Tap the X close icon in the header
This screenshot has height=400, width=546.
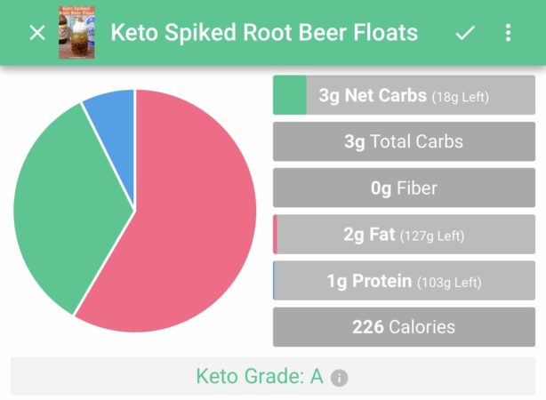click(36, 33)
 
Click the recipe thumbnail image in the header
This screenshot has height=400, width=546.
click(76, 33)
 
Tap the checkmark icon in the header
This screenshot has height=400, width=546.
click(464, 33)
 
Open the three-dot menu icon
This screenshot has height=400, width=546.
click(508, 33)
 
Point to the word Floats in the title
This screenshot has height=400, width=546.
click(382, 33)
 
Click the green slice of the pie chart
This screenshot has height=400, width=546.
click(62, 213)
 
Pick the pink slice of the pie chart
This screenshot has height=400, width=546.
click(187, 231)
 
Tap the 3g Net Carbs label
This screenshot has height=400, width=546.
click(372, 95)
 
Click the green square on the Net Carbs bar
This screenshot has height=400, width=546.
click(289, 95)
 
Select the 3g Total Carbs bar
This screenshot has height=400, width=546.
click(404, 141)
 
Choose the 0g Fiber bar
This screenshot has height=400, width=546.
click(404, 188)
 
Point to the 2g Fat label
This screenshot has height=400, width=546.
click(369, 236)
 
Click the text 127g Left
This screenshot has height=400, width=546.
click(432, 236)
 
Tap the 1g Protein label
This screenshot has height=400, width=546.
click(369, 282)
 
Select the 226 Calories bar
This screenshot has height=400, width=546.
click(404, 327)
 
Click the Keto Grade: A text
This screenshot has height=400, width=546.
click(259, 376)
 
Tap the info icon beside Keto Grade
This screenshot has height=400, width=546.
click(339, 378)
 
